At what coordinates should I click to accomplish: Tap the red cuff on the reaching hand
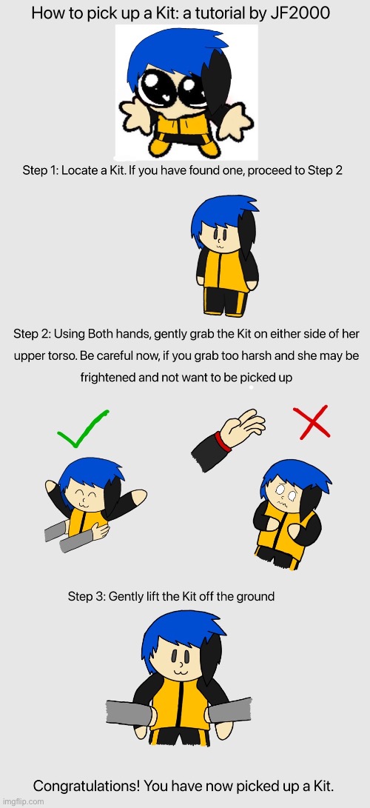[224, 441]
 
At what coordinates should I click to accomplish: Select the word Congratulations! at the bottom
[86, 786]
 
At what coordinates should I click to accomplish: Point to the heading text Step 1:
[40, 170]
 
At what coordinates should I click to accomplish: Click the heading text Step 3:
[87, 596]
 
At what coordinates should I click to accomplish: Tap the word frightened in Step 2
[107, 377]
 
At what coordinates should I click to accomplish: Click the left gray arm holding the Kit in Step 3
[130, 712]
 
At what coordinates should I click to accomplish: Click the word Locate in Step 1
[78, 170]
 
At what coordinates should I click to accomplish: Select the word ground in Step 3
[255, 597]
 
